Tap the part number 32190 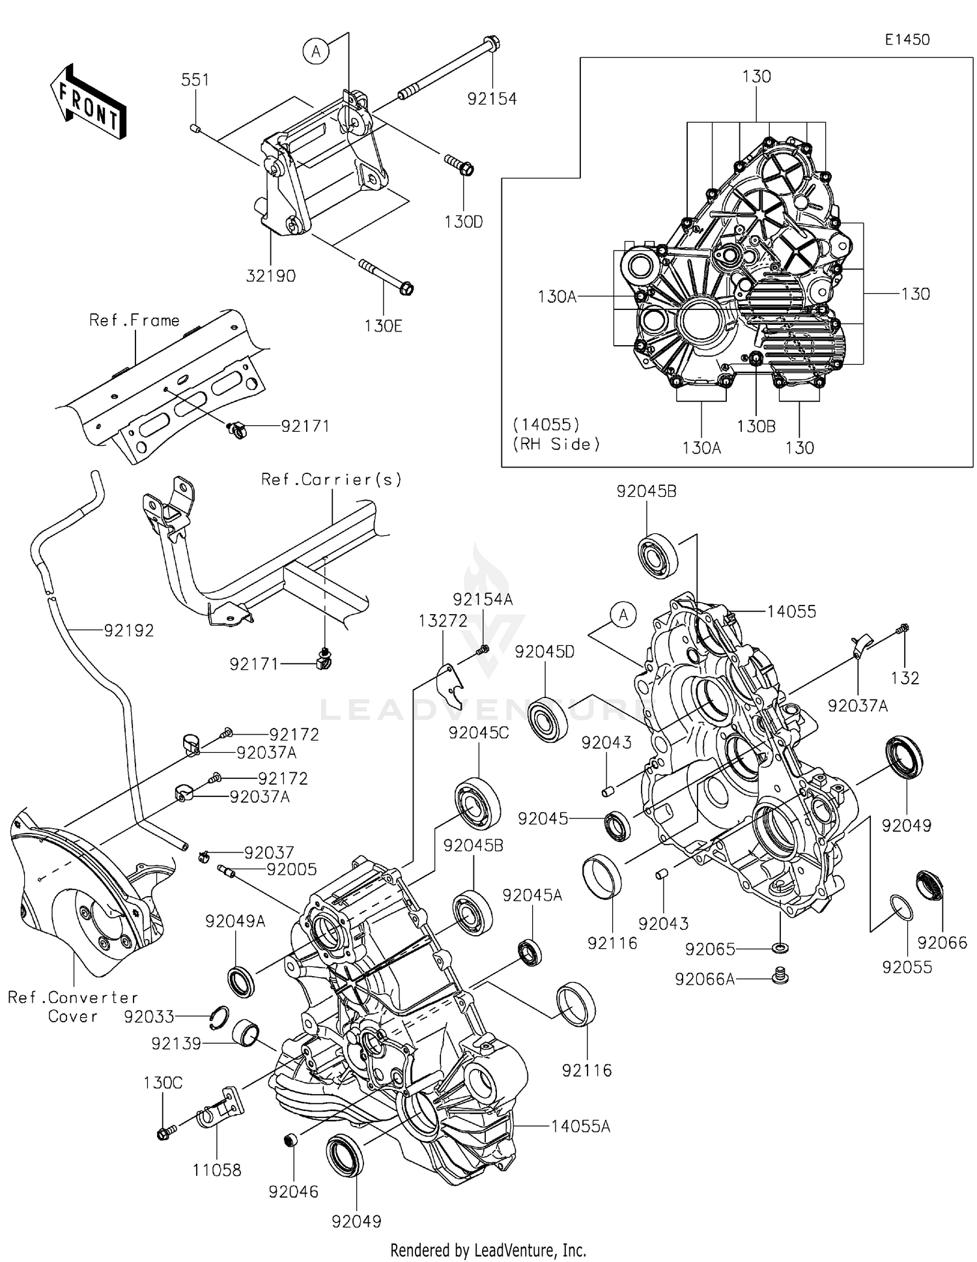coord(270,276)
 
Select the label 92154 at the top coord(492,99)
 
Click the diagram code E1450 coord(907,40)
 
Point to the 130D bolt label coord(463,222)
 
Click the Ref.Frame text coord(134,320)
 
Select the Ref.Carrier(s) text coord(331,480)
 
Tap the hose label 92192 coord(128,630)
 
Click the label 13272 coord(443,621)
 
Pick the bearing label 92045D coord(545,652)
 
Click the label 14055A coord(580,1127)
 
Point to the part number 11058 coord(216,1170)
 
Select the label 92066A coord(705,979)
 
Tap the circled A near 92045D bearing coord(623,615)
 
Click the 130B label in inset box coord(756,427)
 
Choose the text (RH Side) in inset coord(556,445)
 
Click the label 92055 coord(907,968)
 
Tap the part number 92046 coord(293,1192)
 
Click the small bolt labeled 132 coord(903,628)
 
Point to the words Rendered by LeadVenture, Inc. coord(488,1250)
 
